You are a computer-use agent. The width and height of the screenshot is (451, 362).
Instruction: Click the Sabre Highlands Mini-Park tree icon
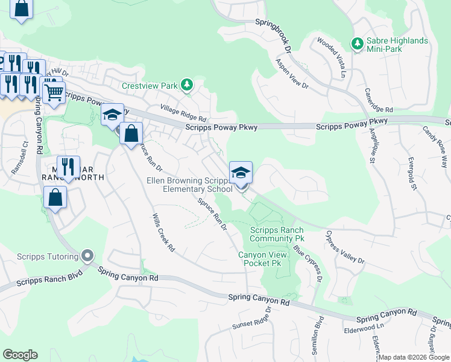click(356, 44)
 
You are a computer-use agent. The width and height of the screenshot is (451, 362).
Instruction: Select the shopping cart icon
click(54, 92)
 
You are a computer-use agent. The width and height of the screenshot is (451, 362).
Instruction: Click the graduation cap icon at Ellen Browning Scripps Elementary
click(241, 173)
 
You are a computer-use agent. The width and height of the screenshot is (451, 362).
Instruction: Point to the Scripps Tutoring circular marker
click(88, 256)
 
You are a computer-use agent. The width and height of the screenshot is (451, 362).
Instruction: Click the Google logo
click(20, 355)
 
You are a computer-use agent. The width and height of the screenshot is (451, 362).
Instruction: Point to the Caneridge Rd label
click(379, 100)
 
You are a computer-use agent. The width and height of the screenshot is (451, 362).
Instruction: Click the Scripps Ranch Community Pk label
click(277, 234)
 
